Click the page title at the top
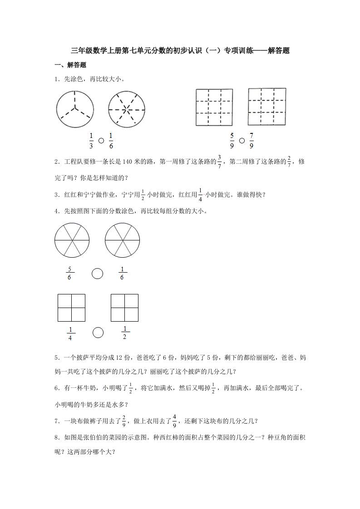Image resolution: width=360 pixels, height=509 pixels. click(180, 51)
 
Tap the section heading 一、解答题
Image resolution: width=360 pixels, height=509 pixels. click(70, 65)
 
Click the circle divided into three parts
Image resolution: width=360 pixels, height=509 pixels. click(75, 109)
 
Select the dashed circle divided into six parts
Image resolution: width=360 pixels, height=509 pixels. click(127, 109)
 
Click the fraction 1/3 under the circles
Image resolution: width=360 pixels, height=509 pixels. click(91, 141)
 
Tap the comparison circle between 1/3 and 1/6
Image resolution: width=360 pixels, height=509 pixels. click(101, 141)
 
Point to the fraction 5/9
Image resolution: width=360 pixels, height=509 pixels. click(232, 141)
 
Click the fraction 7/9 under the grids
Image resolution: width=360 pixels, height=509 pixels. click(252, 141)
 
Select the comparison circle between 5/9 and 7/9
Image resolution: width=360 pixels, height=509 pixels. click(242, 141)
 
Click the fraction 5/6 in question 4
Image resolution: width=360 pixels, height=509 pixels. click(69, 274)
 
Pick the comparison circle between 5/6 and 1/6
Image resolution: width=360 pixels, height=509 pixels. click(97, 274)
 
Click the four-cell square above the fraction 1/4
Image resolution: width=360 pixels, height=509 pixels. click(71, 308)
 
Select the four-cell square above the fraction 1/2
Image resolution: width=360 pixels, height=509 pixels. click(124, 308)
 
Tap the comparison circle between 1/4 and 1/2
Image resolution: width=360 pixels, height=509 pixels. click(98, 333)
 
